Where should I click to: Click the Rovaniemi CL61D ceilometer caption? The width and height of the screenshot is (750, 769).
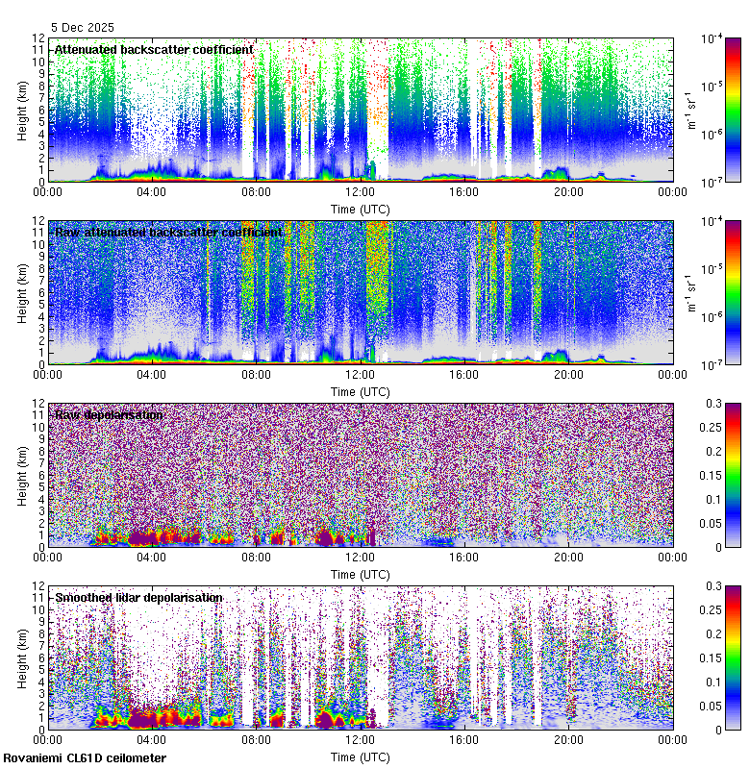click(x=84, y=758)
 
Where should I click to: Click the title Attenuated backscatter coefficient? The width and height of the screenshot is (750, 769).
click(x=154, y=49)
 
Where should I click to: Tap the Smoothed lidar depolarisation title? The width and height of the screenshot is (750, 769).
click(x=138, y=597)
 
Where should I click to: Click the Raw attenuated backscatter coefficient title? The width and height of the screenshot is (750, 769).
click(x=168, y=232)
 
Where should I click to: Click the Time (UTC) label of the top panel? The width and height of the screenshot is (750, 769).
click(x=361, y=209)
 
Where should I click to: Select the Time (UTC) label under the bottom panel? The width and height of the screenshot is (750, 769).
click(x=361, y=757)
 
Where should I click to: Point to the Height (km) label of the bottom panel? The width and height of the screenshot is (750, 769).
click(x=23, y=657)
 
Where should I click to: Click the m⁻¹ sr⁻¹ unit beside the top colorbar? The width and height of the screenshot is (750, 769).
click(x=689, y=110)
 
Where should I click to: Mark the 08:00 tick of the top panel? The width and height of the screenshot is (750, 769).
click(x=256, y=191)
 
